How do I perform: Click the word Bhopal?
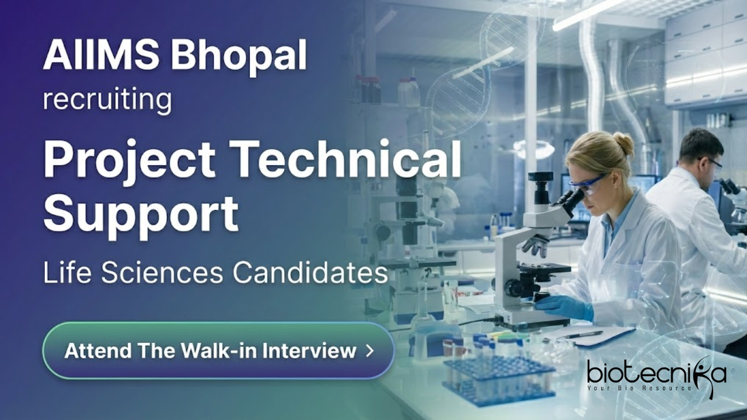239,54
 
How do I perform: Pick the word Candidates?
310,274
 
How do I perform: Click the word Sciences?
162,274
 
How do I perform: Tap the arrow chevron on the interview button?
369,351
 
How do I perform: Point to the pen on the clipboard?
583,334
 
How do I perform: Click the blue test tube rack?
498,379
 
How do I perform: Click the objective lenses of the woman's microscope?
535,246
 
